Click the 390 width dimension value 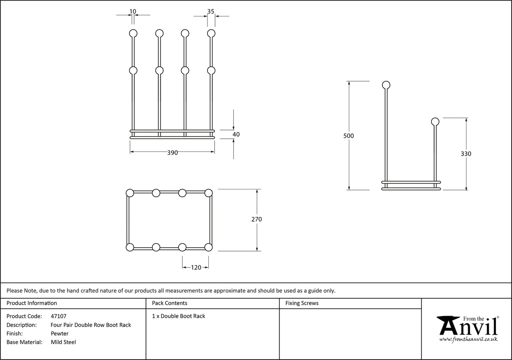[x=172, y=153]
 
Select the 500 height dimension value [x=348, y=136]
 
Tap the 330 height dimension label [x=466, y=154]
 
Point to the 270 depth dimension [x=256, y=219]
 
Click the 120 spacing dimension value [x=196, y=267]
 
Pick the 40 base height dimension [x=236, y=135]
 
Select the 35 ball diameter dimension [x=211, y=11]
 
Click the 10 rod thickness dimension [x=133, y=11]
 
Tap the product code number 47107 [x=58, y=316]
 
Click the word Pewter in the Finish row [x=59, y=333]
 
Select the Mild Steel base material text [x=63, y=342]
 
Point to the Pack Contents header [x=170, y=303]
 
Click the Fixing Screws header [x=302, y=303]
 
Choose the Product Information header [x=32, y=303]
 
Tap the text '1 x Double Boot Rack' [x=178, y=316]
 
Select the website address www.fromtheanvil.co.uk [x=468, y=339]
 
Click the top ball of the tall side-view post [x=386, y=85]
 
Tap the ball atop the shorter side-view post [x=435, y=122]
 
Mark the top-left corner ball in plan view [x=130, y=193]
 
